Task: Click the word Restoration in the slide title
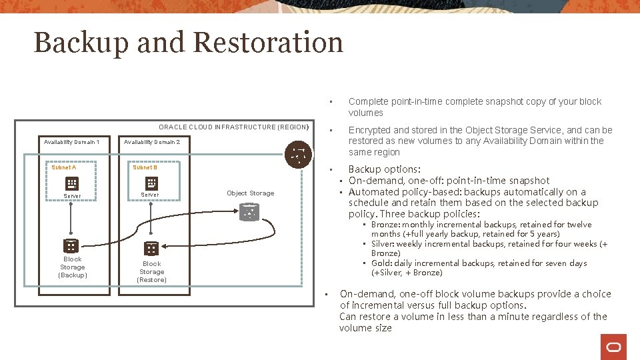[268, 42]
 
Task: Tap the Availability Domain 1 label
[71, 142]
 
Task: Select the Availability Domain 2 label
[151, 142]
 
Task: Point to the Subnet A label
[64, 167]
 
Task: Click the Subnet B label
[145, 167]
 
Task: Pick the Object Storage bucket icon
[249, 213]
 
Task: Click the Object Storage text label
[250, 193]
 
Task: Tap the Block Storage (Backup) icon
[71, 245]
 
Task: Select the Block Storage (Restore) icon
[151, 249]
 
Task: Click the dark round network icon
[297, 154]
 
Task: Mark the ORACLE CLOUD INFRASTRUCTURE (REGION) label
[234, 127]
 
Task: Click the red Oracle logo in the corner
[613, 347]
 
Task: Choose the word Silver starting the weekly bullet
[382, 244]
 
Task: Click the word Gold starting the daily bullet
[381, 263]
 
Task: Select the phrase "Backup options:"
[384, 169]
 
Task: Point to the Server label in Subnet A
[72, 196]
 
